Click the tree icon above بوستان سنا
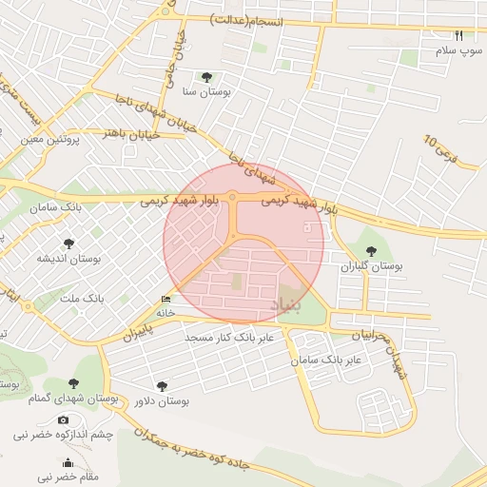(x=207, y=77)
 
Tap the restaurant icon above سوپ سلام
(x=459, y=35)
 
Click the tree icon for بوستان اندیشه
(x=68, y=243)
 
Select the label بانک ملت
(x=83, y=298)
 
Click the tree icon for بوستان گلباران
(x=371, y=251)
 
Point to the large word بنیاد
(x=287, y=304)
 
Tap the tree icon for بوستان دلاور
(x=161, y=386)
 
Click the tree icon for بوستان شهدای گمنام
(x=73, y=383)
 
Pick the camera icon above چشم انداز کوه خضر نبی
(x=63, y=419)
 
